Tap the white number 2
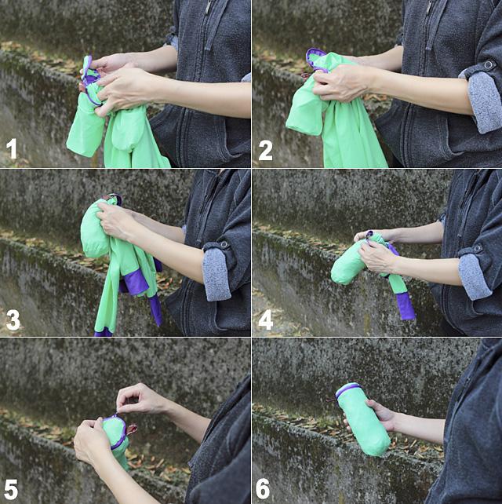[x=266, y=151]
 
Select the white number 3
[x=13, y=320]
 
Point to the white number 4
[x=266, y=320]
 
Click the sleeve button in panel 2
[x=488, y=64]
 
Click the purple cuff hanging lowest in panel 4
[x=405, y=306]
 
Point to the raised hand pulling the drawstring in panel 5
[x=140, y=399]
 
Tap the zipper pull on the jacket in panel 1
[x=209, y=5]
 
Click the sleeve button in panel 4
[x=478, y=248]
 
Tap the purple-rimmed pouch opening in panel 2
[x=317, y=60]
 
